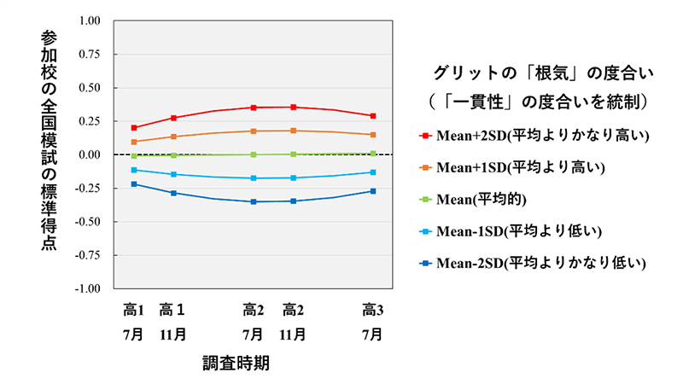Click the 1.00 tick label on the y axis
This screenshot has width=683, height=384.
pyautogui.click(x=89, y=20)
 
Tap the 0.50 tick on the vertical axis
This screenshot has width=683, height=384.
pyautogui.click(x=89, y=88)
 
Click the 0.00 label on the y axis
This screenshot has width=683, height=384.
pyautogui.click(x=89, y=154)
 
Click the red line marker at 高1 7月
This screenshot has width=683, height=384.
pyautogui.click(x=134, y=128)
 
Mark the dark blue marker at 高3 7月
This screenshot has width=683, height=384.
pyautogui.click(x=373, y=191)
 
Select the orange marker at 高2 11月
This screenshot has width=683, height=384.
pyautogui.click(x=294, y=131)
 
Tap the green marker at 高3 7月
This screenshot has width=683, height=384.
pyautogui.click(x=373, y=154)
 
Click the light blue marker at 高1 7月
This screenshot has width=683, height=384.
pyautogui.click(x=134, y=170)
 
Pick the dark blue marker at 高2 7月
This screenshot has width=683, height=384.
pyautogui.click(x=253, y=201)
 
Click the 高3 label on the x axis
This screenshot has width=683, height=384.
pyautogui.click(x=373, y=309)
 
